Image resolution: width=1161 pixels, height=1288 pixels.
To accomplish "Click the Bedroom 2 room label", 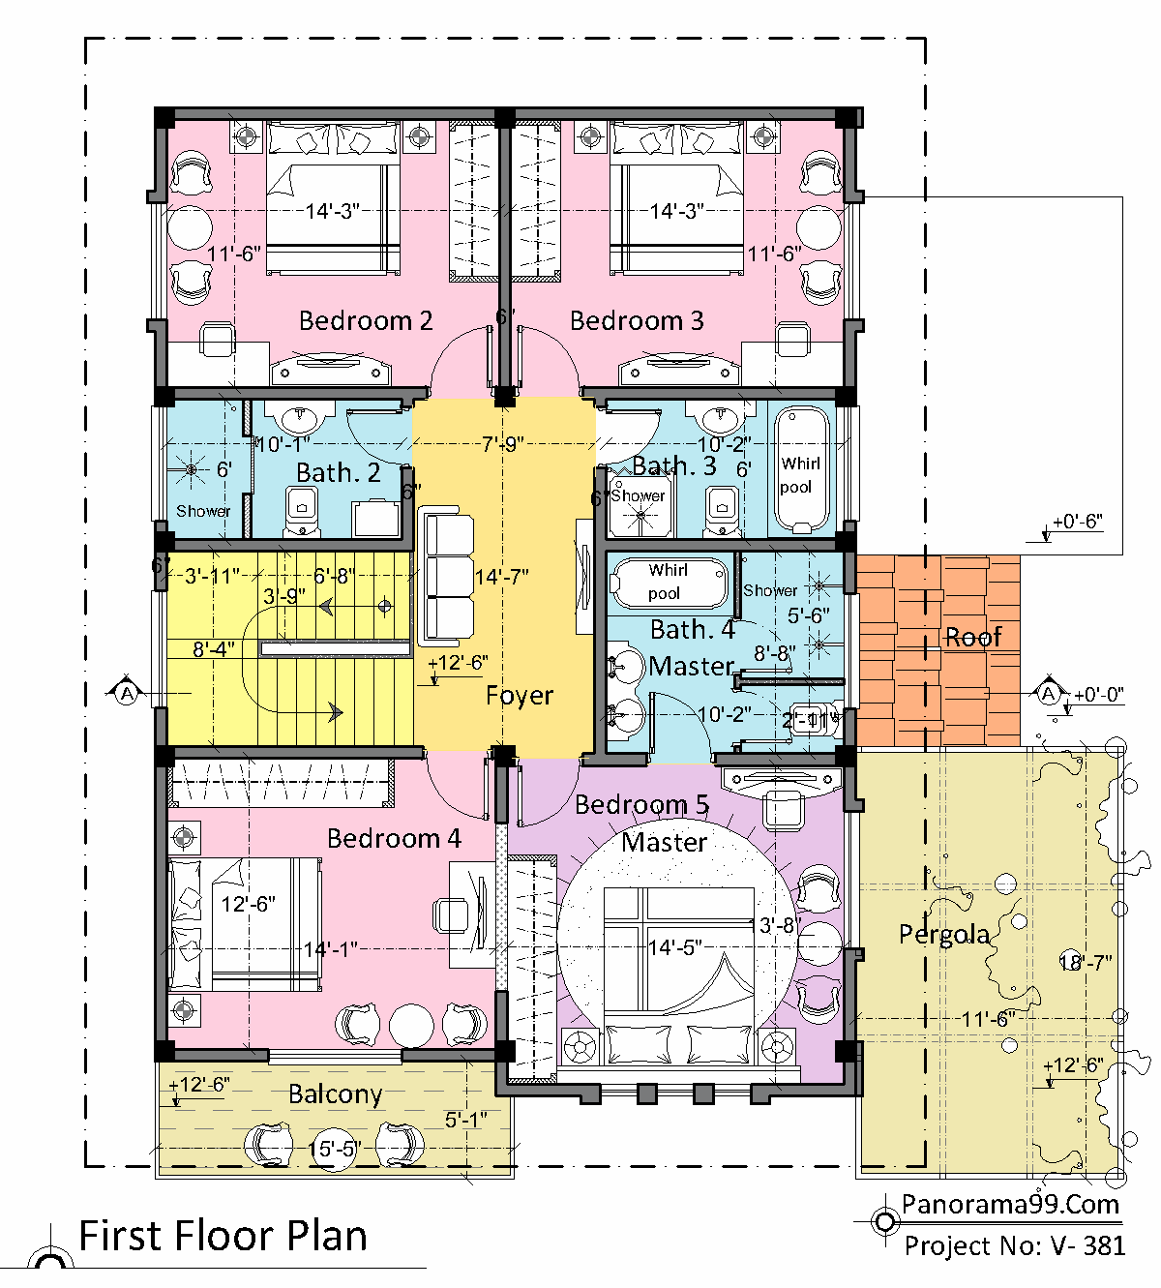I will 365,320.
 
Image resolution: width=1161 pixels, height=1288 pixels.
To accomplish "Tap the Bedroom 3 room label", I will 636,320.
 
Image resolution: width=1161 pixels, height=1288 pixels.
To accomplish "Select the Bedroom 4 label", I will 393,838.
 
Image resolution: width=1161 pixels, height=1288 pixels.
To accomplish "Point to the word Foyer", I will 519,696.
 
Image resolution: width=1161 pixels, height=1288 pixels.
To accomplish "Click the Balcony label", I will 335,1094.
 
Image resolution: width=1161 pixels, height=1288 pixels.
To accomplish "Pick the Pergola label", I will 943,935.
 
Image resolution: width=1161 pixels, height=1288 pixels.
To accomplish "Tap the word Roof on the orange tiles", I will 973,638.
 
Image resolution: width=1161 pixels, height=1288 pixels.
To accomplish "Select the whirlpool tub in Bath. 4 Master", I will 668,582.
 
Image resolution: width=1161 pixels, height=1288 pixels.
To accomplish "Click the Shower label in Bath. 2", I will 203,511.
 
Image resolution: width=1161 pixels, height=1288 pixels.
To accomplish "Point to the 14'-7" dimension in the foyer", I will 501,578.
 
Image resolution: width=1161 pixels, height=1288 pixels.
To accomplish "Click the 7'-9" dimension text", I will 502,444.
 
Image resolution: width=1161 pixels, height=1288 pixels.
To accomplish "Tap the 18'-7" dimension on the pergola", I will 1085,963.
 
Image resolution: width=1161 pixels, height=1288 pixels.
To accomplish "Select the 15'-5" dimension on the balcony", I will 334,1150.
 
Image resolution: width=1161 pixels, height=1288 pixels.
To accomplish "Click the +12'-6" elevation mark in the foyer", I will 457,664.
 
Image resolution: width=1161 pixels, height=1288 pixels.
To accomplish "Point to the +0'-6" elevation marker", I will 1076,523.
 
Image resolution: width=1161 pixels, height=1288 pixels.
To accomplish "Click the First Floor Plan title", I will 223,1237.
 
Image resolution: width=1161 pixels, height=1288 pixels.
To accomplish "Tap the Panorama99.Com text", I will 1010,1204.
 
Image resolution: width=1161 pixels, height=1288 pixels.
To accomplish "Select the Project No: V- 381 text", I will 1014,1245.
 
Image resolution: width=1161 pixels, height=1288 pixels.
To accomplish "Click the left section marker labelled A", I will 127,693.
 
